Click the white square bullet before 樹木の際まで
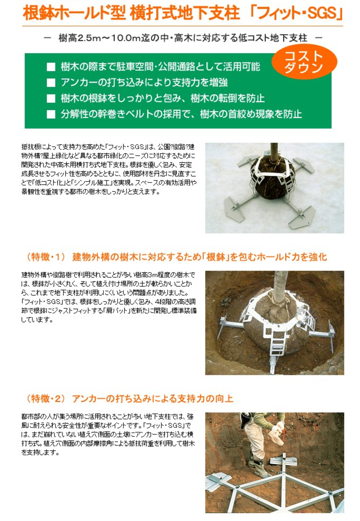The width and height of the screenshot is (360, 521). pyautogui.click(x=50, y=68)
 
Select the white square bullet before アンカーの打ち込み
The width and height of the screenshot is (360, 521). pyautogui.click(x=50, y=83)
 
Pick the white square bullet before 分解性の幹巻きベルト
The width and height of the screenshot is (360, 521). pyautogui.click(x=50, y=113)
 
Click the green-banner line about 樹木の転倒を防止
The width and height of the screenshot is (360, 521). pyautogui.click(x=162, y=98)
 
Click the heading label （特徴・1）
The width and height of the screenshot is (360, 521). pyautogui.click(x=47, y=257)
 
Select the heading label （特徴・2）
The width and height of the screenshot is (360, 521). pyautogui.click(x=47, y=399)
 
